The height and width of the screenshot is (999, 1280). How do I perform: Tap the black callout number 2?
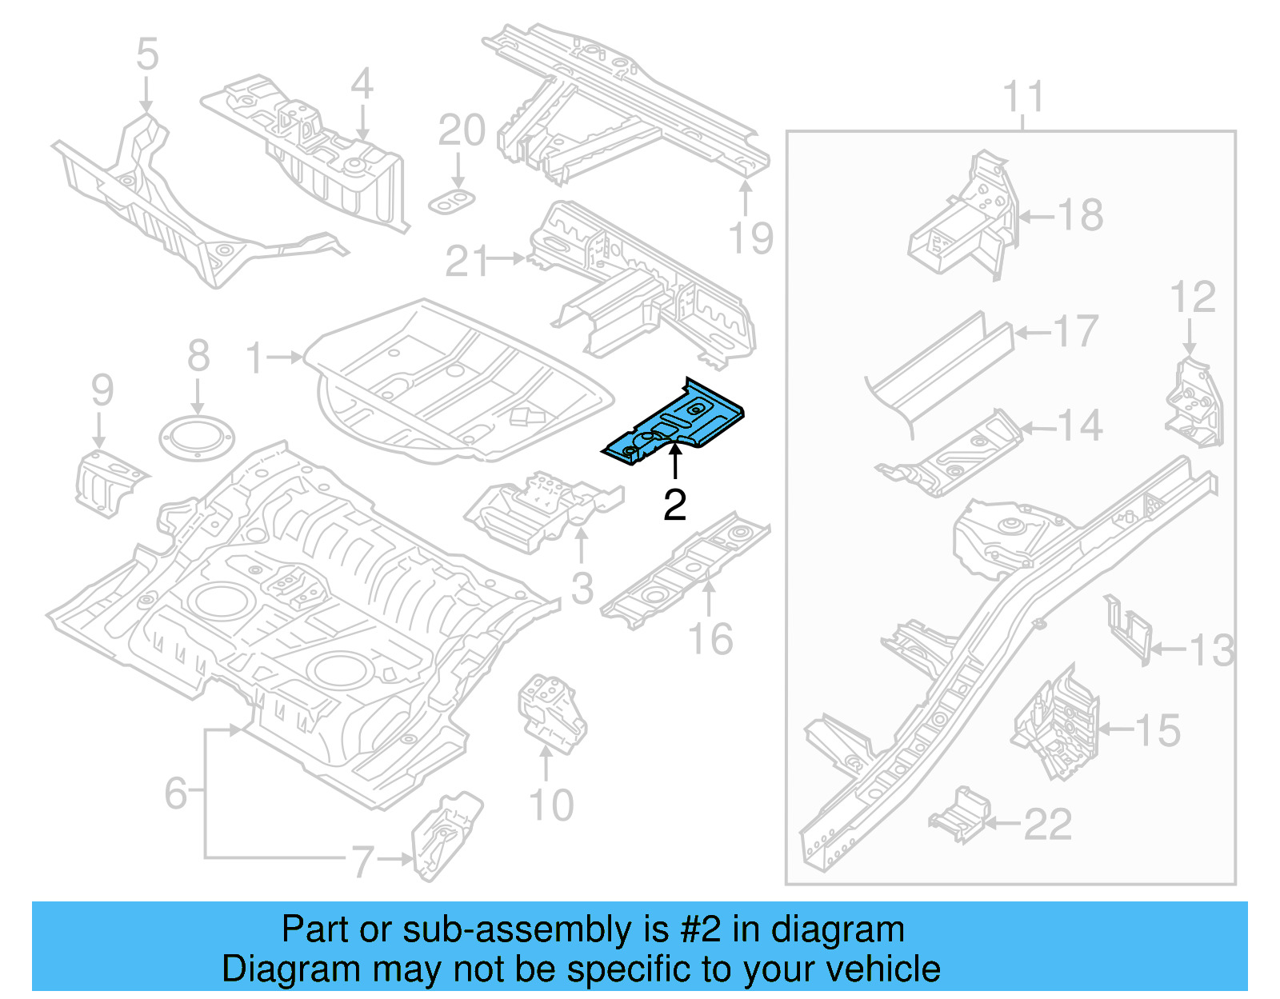(674, 505)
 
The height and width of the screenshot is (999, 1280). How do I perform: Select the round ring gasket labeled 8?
(197, 438)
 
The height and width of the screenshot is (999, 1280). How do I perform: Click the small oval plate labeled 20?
(453, 202)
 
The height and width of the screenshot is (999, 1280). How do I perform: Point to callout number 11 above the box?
(1023, 97)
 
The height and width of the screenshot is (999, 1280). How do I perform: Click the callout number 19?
(750, 238)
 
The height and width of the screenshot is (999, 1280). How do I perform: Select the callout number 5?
(147, 54)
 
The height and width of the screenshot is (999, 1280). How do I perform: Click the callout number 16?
(710, 639)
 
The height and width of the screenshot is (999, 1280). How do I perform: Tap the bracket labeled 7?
(446, 836)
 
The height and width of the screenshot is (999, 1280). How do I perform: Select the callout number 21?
(466, 261)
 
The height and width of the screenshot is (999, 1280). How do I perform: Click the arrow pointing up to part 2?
(675, 462)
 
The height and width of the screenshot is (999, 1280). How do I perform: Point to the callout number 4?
(362, 83)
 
